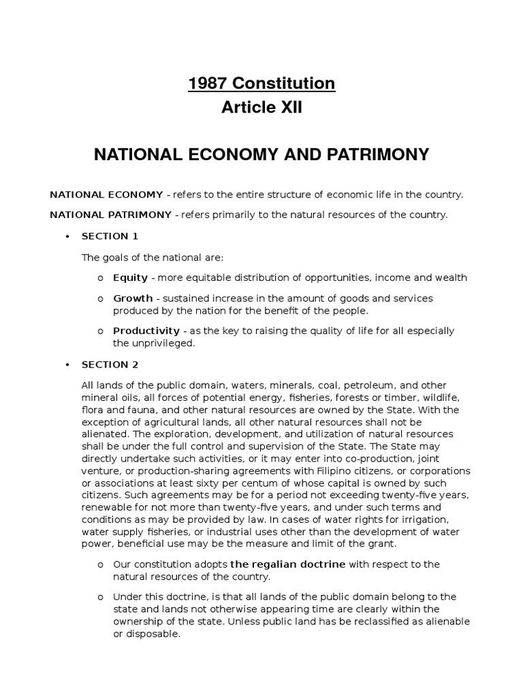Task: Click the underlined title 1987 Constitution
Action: (x=261, y=84)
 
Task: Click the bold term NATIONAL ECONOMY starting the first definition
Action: (x=106, y=194)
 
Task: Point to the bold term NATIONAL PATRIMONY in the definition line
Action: (x=110, y=215)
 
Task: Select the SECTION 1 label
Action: (x=110, y=236)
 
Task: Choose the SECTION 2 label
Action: (x=110, y=365)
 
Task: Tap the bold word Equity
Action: (x=130, y=277)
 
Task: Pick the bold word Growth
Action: (x=133, y=299)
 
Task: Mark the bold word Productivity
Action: (x=146, y=331)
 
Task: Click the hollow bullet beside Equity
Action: (x=99, y=278)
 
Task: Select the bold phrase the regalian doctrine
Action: (x=288, y=564)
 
